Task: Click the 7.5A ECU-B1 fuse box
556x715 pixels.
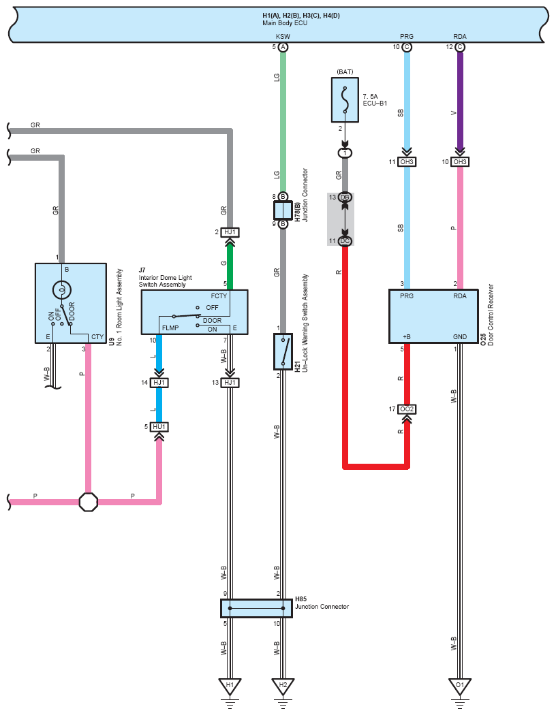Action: pyautogui.click(x=345, y=100)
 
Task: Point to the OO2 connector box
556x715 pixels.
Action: pyautogui.click(x=407, y=409)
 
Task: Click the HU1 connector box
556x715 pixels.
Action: pyautogui.click(x=159, y=427)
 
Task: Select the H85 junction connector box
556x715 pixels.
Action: pyautogui.click(x=256, y=608)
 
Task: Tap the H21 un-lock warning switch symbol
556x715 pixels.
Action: pyautogui.click(x=283, y=351)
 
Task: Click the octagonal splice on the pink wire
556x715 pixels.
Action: pyautogui.click(x=89, y=502)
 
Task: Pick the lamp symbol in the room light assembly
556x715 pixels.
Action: pyautogui.click(x=62, y=289)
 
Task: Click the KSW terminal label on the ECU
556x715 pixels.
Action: pyautogui.click(x=283, y=37)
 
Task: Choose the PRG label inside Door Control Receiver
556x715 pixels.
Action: pyautogui.click(x=407, y=296)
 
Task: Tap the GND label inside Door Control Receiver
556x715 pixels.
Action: pyautogui.click(x=460, y=337)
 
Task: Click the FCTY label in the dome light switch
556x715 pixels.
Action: pyautogui.click(x=219, y=296)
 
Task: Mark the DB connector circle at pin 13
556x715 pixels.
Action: pyautogui.click(x=345, y=197)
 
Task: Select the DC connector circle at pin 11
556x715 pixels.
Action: pyautogui.click(x=345, y=241)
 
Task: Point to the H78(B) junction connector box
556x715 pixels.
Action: pyautogui.click(x=283, y=210)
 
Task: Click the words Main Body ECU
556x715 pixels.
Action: pyautogui.click(x=285, y=23)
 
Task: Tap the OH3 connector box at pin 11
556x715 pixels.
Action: pyautogui.click(x=407, y=162)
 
